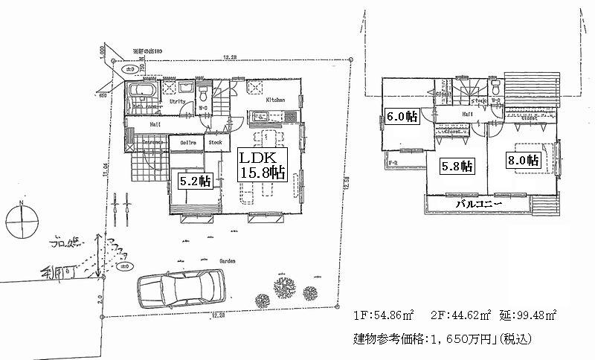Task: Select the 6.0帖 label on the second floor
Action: (402, 118)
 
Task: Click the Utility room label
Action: (177, 100)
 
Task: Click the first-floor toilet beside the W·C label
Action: (203, 94)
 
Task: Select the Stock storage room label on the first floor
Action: (215, 141)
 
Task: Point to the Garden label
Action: (227, 262)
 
